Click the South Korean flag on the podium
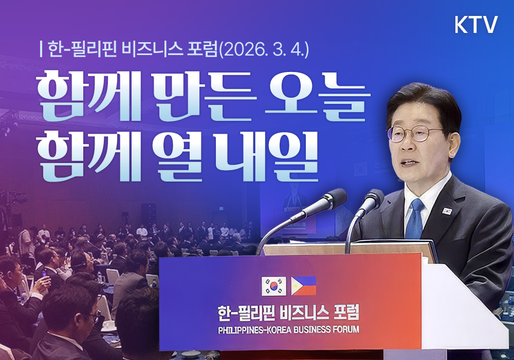(274, 286)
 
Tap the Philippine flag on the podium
(304, 286)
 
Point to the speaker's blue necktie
(415, 221)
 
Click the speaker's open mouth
(409, 164)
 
